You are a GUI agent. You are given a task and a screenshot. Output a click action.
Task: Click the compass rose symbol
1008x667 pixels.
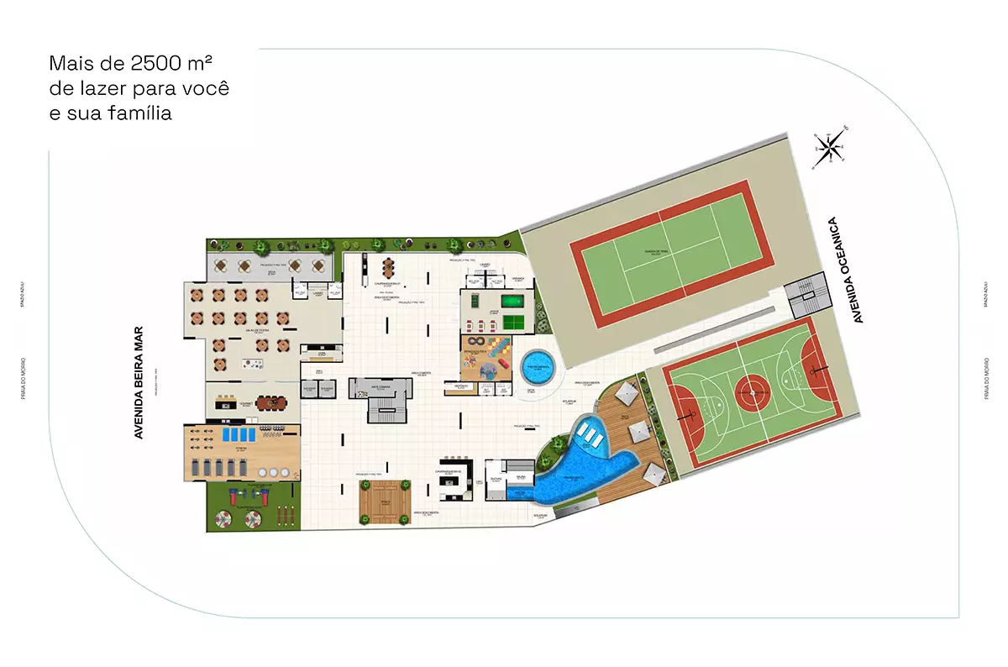click(829, 149)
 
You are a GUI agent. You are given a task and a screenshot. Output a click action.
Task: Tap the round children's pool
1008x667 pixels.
click(538, 366)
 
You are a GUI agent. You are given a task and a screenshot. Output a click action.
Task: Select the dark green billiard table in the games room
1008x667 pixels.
click(512, 300)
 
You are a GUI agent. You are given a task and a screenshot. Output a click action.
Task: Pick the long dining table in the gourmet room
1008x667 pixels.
click(270, 403)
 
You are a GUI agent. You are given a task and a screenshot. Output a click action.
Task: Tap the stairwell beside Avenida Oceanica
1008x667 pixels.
click(805, 296)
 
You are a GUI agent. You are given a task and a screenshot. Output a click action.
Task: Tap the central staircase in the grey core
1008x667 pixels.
click(382, 407)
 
